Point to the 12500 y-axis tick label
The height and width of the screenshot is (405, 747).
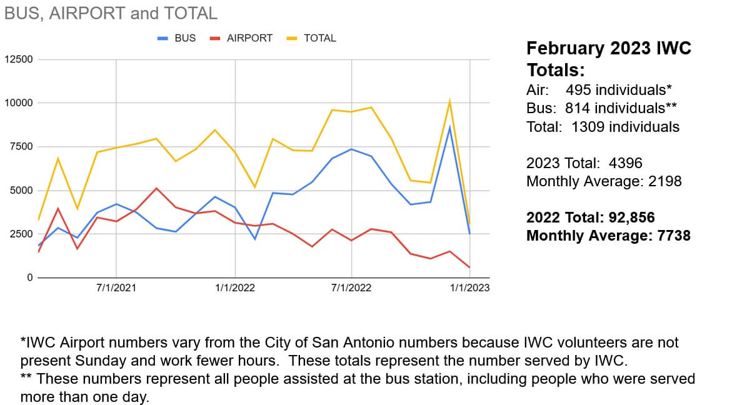click(19, 59)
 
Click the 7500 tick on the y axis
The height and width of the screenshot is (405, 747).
click(22, 147)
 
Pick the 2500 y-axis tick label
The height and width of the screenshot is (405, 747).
click(22, 234)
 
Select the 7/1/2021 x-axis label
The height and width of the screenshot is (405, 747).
click(116, 288)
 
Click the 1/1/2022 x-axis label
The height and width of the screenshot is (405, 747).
click(234, 288)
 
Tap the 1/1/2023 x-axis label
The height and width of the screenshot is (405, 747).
click(470, 288)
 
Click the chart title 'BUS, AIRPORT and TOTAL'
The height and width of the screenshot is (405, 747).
click(111, 12)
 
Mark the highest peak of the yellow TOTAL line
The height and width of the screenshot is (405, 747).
click(449, 101)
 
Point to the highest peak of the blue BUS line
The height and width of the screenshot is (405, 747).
click(449, 127)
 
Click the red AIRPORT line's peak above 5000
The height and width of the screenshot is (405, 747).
click(156, 188)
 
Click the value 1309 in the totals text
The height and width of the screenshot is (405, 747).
click(588, 127)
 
